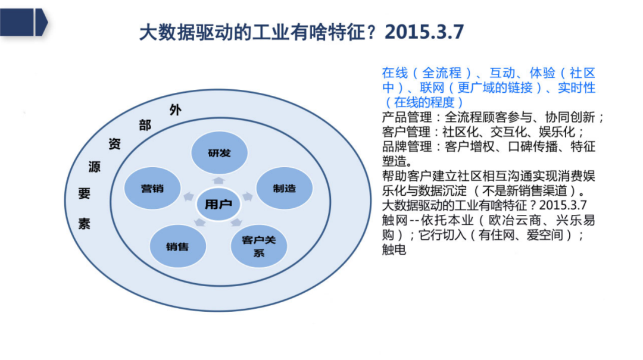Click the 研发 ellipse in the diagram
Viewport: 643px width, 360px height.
pos(219,153)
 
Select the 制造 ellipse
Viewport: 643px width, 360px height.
pos(284,188)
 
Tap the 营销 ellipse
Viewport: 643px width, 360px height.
pos(152,188)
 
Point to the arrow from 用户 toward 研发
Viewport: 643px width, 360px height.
pos(219,180)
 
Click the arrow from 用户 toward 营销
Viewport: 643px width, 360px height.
pos(189,196)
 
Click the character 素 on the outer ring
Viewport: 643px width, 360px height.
pos(84,224)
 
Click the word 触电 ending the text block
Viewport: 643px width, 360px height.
pos(394,250)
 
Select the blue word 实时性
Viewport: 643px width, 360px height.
pos(577,87)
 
